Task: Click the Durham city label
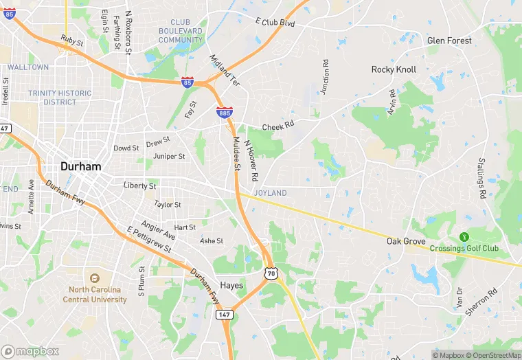(x=81, y=166)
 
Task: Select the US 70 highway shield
(x=272, y=273)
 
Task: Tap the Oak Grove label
(x=405, y=242)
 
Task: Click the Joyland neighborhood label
(x=271, y=193)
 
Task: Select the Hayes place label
(x=232, y=285)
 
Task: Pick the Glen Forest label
(x=449, y=41)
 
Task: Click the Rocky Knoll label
(x=394, y=69)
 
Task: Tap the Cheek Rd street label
(x=277, y=126)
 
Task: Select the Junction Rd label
(x=325, y=76)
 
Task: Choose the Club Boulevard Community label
(x=180, y=30)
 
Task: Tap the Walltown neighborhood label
(x=28, y=67)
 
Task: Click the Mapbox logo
(x=30, y=351)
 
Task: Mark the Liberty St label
(x=140, y=186)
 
